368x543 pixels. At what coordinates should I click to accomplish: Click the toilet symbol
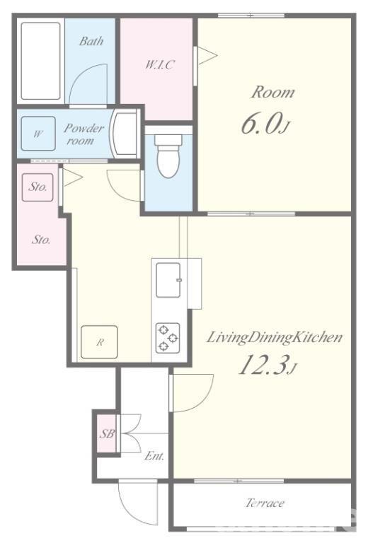click(x=168, y=156)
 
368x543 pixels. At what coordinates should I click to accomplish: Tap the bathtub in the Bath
click(x=40, y=61)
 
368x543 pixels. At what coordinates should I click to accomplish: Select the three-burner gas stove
click(x=168, y=338)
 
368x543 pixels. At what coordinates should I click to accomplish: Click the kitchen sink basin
click(x=168, y=280)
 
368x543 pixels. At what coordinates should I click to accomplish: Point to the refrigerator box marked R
click(x=99, y=342)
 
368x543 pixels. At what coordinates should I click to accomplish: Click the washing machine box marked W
click(x=38, y=134)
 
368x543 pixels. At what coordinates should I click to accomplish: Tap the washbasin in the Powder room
click(x=124, y=134)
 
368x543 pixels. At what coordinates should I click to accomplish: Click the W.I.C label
click(x=159, y=65)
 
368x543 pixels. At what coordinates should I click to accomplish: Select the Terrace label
click(x=265, y=503)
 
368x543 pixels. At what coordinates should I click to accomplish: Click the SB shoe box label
click(x=107, y=433)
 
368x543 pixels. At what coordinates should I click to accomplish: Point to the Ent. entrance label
click(x=154, y=456)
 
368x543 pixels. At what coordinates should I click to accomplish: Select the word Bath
click(x=91, y=41)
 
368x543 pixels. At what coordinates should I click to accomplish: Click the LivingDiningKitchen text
click(x=275, y=337)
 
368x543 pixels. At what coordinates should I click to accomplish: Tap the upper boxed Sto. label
click(x=38, y=187)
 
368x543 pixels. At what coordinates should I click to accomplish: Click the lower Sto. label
click(x=41, y=239)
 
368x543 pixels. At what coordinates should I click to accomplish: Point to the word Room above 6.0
click(x=273, y=92)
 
